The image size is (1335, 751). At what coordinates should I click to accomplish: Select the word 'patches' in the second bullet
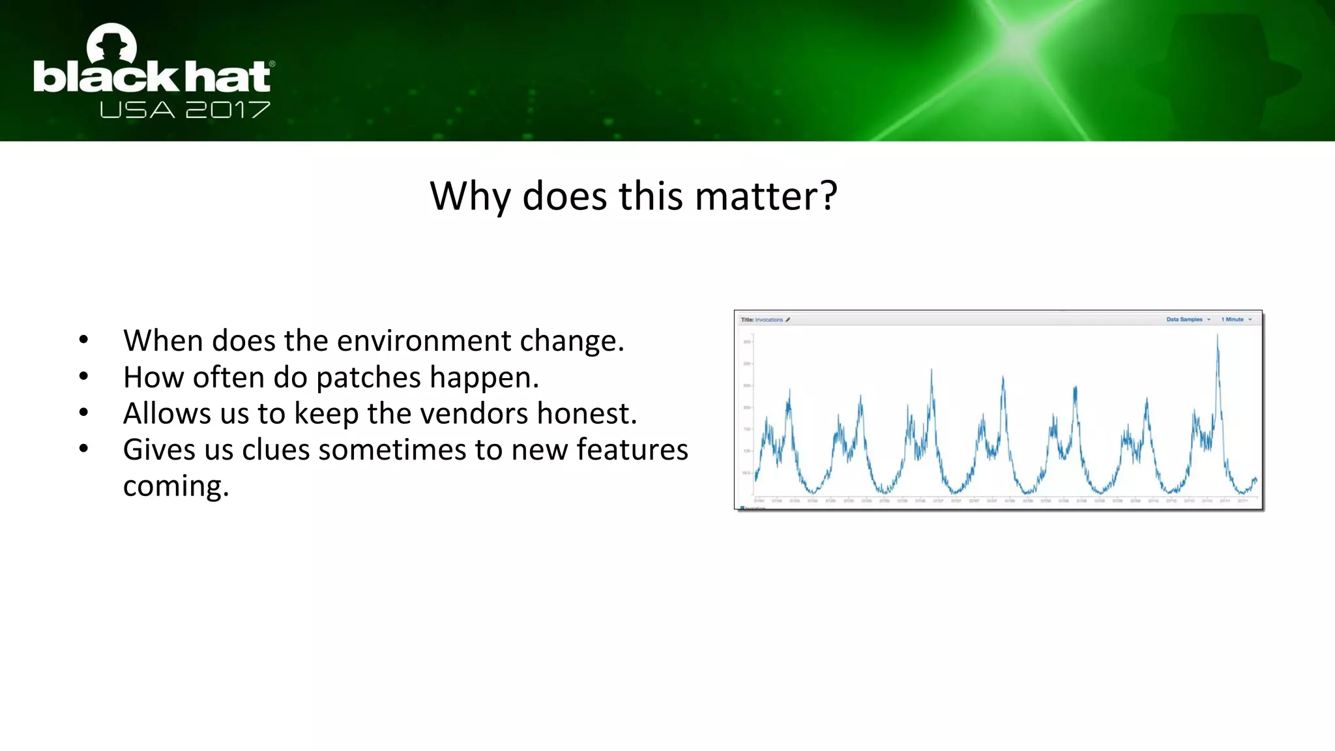tap(368, 377)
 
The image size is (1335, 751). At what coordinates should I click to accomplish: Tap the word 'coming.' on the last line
tap(176, 486)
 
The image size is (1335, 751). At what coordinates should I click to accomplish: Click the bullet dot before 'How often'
tap(83, 376)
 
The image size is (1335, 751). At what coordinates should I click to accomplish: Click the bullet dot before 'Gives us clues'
tap(83, 449)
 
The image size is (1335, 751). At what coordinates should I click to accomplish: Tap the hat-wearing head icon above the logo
tap(111, 43)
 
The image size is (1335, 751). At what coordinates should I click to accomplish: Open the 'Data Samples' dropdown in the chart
tap(1188, 319)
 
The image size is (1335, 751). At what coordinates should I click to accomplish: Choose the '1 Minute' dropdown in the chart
tap(1236, 319)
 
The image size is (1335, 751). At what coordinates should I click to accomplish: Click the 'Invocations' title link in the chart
tap(769, 319)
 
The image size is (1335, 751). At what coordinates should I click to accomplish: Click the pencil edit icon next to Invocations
tap(787, 319)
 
